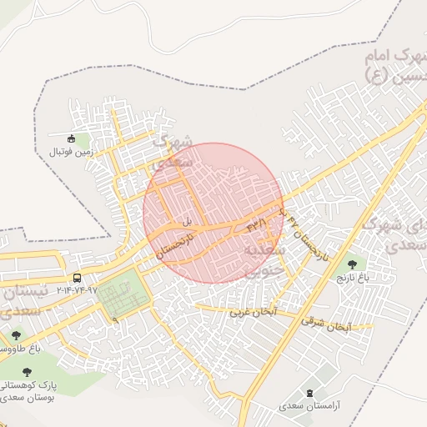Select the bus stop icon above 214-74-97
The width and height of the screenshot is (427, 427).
(77, 278)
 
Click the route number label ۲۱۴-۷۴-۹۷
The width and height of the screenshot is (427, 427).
(77, 291)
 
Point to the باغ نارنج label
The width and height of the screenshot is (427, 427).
(351, 275)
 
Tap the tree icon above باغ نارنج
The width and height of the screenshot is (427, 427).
(351, 264)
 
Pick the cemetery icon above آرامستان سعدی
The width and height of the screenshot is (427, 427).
(311, 393)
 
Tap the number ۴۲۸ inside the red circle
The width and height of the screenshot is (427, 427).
(256, 225)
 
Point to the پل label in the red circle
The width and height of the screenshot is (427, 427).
(187, 221)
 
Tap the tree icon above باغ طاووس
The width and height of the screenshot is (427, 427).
(16, 335)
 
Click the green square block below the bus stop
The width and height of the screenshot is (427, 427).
(122, 296)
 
